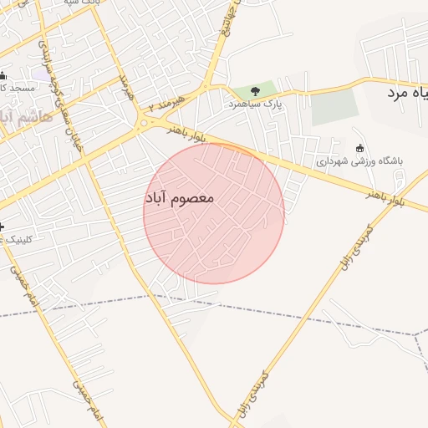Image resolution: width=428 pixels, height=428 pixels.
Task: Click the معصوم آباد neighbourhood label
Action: pos(180,199)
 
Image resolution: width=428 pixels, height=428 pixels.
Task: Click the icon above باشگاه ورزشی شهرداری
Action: pos(359,149)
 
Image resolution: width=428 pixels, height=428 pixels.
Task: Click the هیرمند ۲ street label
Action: pos(164,104)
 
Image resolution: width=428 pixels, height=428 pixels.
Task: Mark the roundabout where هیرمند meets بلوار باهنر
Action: pos(146,123)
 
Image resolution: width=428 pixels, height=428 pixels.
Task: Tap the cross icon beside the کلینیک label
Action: pos(3,227)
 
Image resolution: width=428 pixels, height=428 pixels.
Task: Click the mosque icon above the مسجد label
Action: pos(3,75)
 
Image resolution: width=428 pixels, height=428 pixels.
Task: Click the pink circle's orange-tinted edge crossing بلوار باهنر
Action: pos(237,148)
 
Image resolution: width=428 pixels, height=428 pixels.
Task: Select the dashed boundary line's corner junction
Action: pos(415,335)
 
